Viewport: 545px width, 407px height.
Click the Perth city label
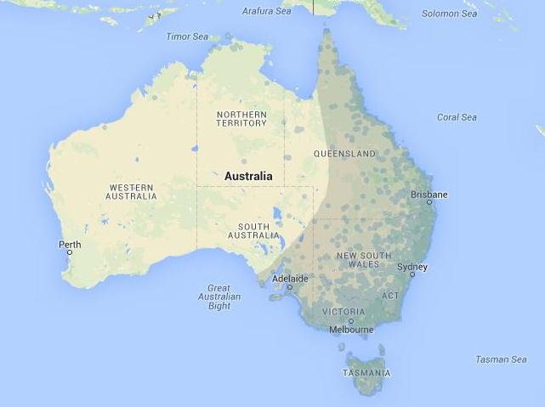point(70,245)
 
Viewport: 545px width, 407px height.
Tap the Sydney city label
point(412,267)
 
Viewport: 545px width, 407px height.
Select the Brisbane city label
point(429,195)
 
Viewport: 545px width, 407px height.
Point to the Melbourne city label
point(351,330)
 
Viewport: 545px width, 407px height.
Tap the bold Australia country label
point(248,177)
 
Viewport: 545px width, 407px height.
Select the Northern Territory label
point(241,119)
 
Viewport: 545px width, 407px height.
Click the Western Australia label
point(131,191)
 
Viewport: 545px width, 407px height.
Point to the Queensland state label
point(344,154)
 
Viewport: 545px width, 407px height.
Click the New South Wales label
point(364,260)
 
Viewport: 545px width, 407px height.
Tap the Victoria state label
point(343,312)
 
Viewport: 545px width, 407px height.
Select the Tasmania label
point(367,373)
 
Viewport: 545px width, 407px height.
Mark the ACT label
point(389,296)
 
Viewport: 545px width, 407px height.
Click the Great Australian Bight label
point(219,297)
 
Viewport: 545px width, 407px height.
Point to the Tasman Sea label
point(501,359)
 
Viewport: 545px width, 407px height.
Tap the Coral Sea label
point(457,117)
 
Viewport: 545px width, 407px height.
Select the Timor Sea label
point(187,37)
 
